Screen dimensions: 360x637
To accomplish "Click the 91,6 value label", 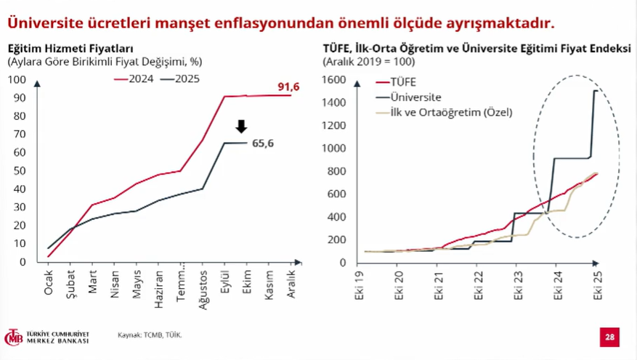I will (x=288, y=87).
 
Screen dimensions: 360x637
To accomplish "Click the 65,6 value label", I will (x=263, y=143).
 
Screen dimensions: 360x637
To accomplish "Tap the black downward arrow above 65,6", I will (x=242, y=126).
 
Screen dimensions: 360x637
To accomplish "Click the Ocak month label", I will (x=49, y=282).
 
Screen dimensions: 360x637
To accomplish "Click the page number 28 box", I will (x=609, y=337).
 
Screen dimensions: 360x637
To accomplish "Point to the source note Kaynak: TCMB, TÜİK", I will (x=150, y=335).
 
